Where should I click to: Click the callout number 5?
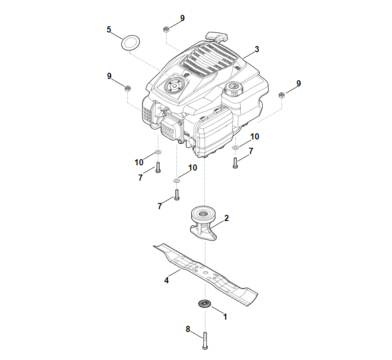click(109, 29)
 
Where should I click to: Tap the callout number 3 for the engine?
click(257, 49)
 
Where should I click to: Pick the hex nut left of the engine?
click(128, 88)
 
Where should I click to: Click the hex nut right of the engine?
click(282, 95)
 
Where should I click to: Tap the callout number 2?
click(226, 218)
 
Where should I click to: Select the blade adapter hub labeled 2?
click(203, 223)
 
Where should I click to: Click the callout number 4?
click(166, 281)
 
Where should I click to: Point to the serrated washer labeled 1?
click(205, 303)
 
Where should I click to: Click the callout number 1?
click(225, 317)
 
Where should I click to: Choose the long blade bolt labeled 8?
click(205, 341)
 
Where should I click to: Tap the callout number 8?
click(188, 329)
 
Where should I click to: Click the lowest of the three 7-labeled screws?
click(177, 195)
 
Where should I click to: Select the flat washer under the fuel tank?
click(235, 147)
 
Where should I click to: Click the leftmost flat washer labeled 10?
click(158, 152)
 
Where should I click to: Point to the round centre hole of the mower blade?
click(205, 272)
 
